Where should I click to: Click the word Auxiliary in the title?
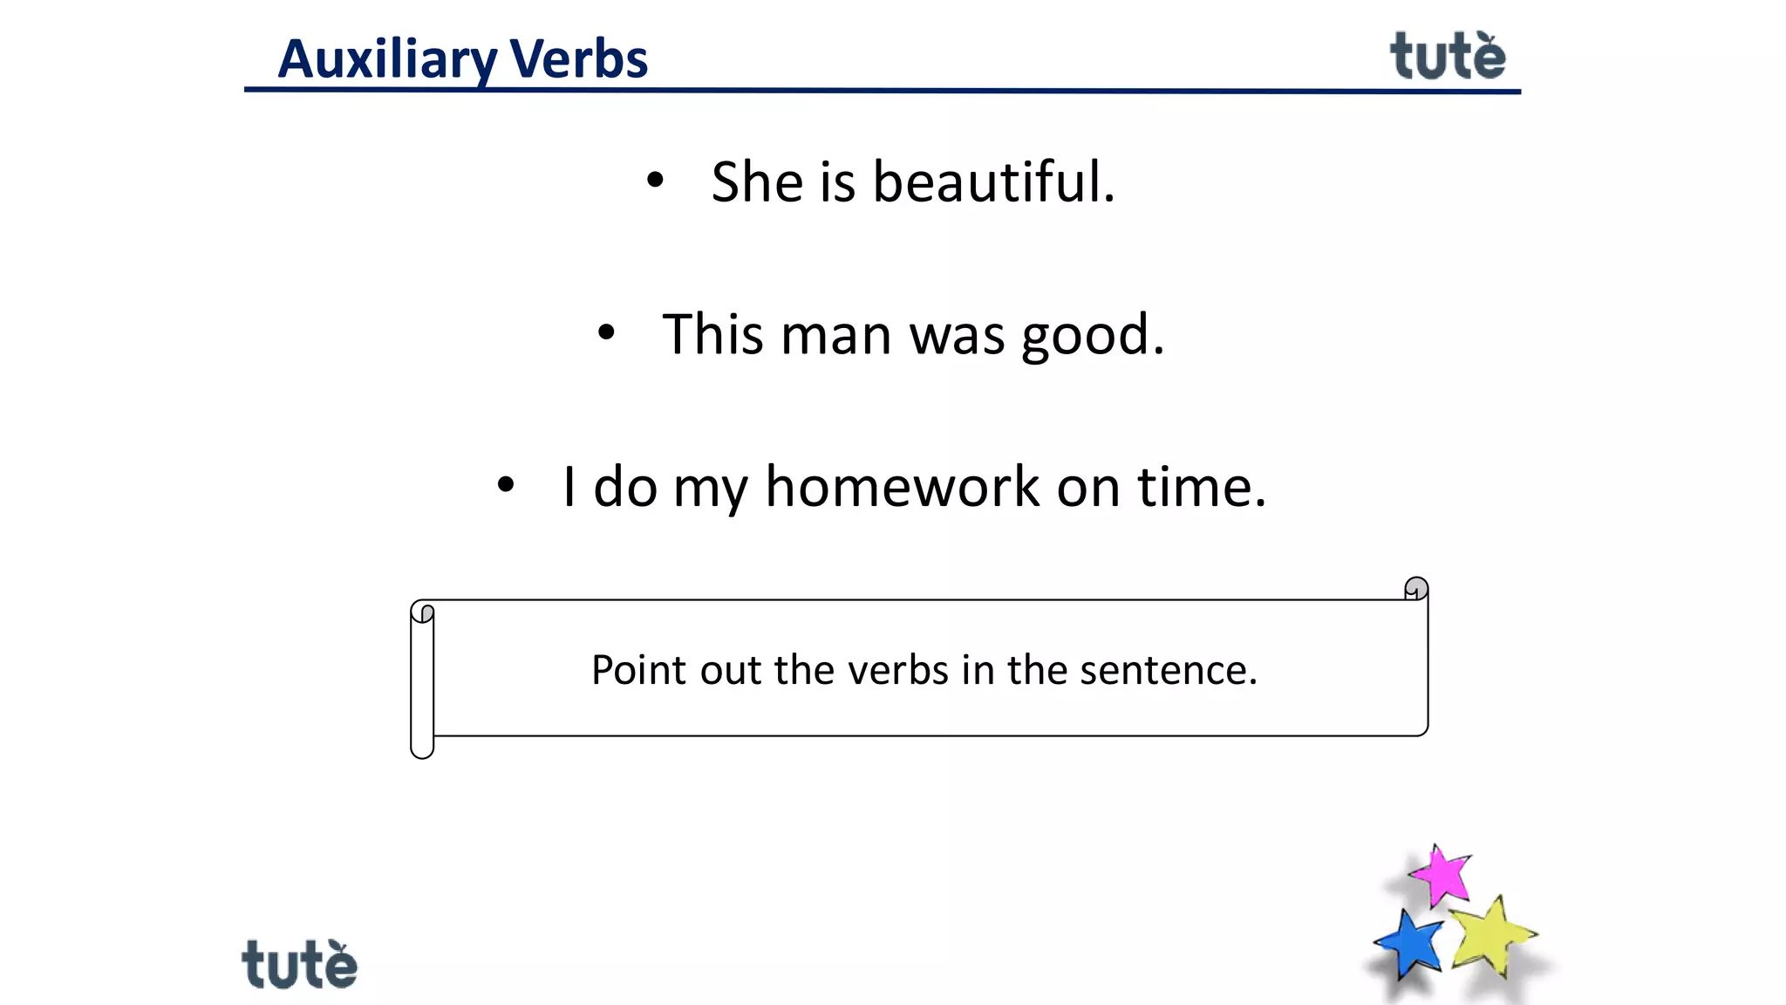[387, 59]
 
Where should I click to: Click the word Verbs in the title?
[578, 59]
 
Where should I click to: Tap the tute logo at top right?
[1447, 57]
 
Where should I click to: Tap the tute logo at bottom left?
[299, 965]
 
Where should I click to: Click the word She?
[756, 182]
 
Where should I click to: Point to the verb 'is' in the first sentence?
[837, 182]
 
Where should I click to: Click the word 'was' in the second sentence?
[957, 335]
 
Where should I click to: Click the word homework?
[902, 487]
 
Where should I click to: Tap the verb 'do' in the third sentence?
[624, 487]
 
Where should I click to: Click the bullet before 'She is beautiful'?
[655, 181]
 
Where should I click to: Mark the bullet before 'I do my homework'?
[506, 485]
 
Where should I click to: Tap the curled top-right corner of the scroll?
[1416, 589]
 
